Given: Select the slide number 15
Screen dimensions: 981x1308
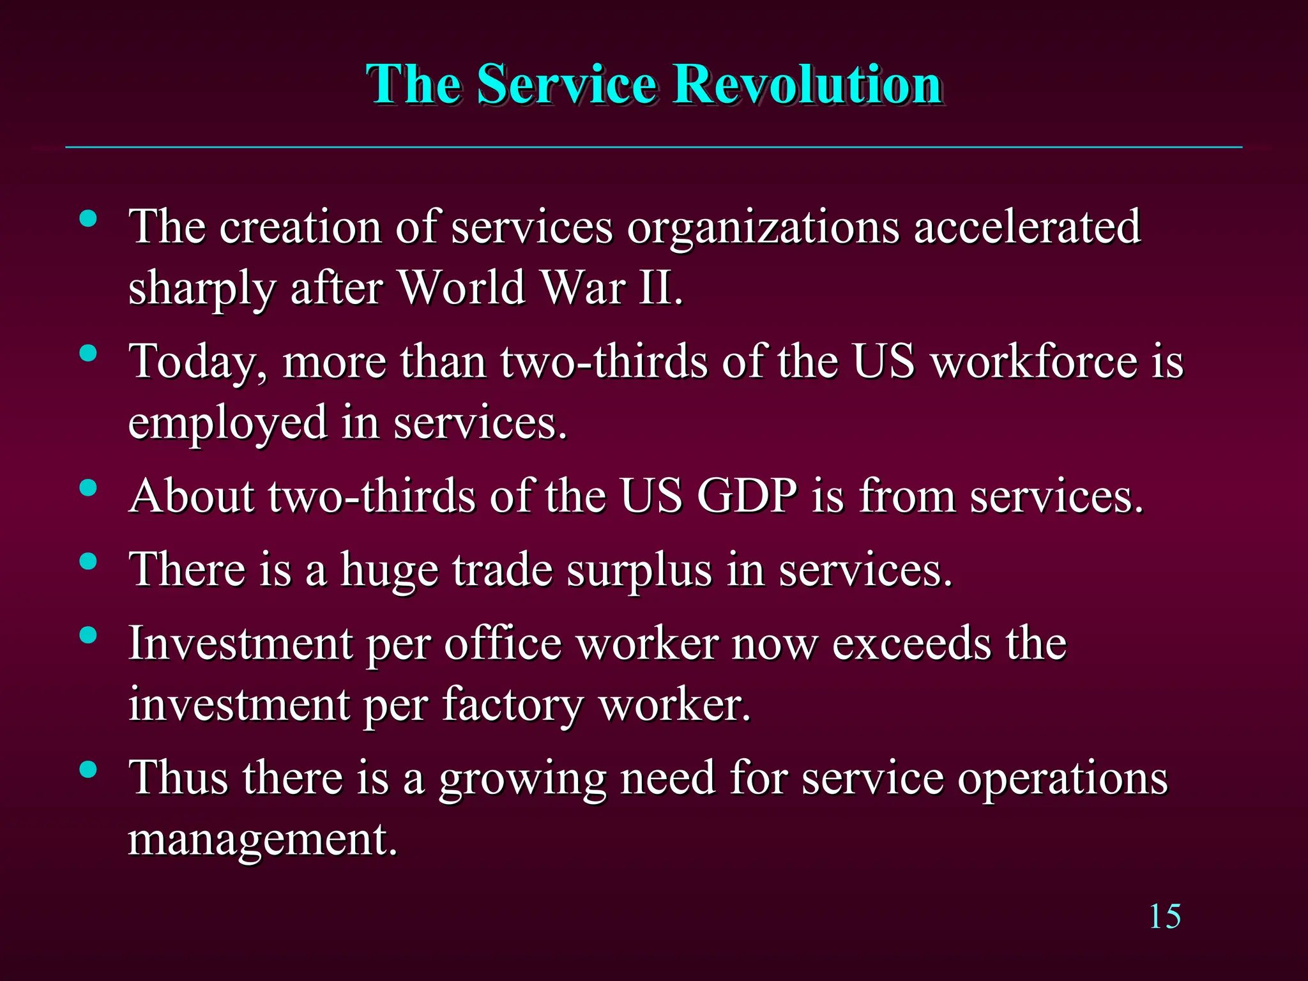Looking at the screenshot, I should (1164, 917).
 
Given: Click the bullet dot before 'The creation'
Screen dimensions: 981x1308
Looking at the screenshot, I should (88, 219).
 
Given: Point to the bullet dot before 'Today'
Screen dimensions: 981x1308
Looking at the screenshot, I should (88, 354).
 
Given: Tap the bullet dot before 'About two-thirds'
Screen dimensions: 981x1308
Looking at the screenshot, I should (88, 489).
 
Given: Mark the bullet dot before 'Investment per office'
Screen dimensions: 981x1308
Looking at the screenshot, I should (88, 635).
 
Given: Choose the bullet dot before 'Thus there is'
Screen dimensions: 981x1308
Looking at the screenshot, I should (88, 770).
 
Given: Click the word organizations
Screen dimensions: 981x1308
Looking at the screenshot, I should (763, 228).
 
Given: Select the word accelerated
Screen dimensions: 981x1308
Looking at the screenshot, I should (1027, 227).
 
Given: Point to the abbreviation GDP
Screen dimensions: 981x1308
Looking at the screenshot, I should (747, 496).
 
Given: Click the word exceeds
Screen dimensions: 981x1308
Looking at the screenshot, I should (912, 644).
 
